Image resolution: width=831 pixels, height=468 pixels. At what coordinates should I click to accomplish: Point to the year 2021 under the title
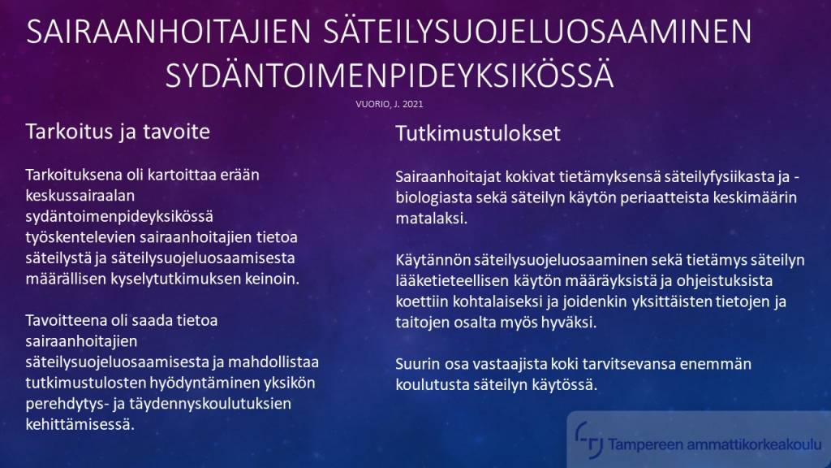click(413, 104)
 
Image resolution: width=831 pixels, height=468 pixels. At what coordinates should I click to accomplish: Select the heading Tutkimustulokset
click(477, 134)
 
